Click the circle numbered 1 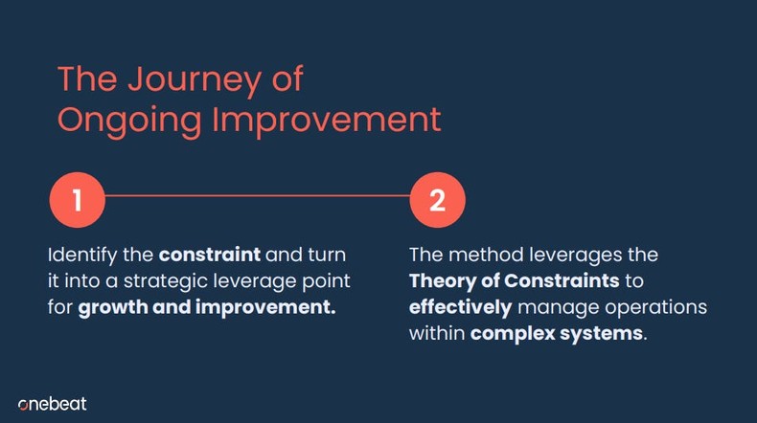[x=77, y=201]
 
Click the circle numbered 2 [x=437, y=201]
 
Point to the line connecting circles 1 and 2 [x=257, y=197]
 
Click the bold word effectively [x=462, y=308]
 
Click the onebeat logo [x=53, y=403]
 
